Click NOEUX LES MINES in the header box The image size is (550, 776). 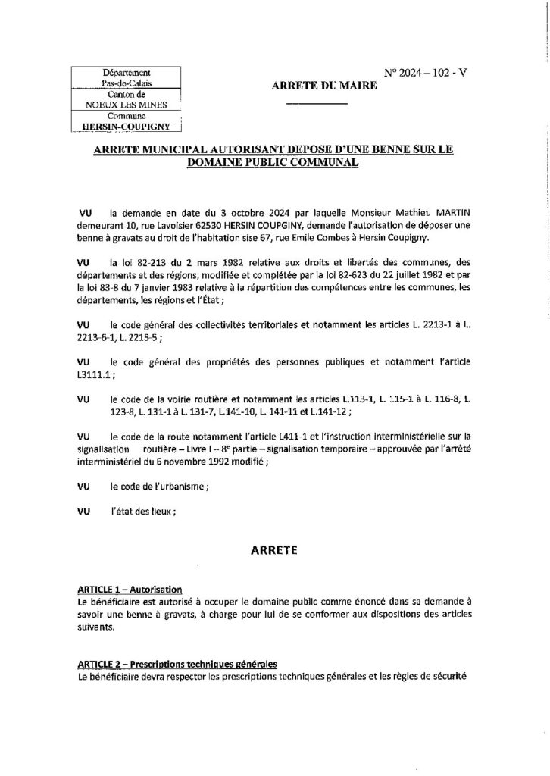coord(126,105)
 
